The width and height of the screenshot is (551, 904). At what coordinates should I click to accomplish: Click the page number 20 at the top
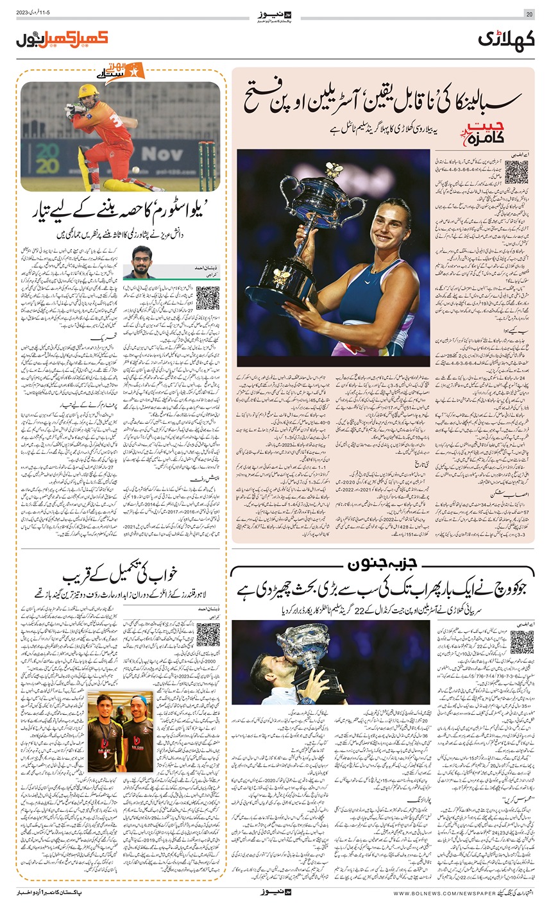click(x=529, y=14)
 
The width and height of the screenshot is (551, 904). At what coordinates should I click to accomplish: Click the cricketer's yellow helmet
click(x=88, y=92)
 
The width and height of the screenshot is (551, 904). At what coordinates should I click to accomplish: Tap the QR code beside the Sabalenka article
click(x=516, y=171)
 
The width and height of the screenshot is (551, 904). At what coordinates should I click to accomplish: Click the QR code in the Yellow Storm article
click(x=207, y=297)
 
